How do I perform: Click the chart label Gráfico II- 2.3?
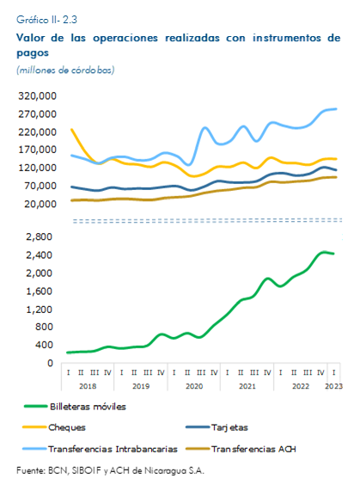(x=46, y=20)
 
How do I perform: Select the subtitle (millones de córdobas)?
(x=65, y=70)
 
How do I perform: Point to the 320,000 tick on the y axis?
(x=37, y=95)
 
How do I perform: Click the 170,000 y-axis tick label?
(x=37, y=150)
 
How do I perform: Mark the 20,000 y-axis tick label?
(x=40, y=204)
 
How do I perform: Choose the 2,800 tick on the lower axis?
(x=39, y=236)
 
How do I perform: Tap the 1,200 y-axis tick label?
(x=39, y=310)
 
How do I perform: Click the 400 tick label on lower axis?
(x=44, y=345)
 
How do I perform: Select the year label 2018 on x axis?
(x=88, y=386)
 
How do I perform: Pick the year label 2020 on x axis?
(x=194, y=386)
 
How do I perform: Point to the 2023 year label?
(x=333, y=386)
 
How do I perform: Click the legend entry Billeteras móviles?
(x=76, y=407)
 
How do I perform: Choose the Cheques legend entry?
(x=54, y=427)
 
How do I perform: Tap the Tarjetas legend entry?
(x=217, y=427)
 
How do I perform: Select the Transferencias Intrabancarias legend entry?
(x=100, y=449)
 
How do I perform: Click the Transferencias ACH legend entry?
(x=241, y=449)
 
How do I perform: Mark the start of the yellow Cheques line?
(x=71, y=129)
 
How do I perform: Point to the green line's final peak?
(x=324, y=252)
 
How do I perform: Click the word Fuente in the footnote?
(x=31, y=470)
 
